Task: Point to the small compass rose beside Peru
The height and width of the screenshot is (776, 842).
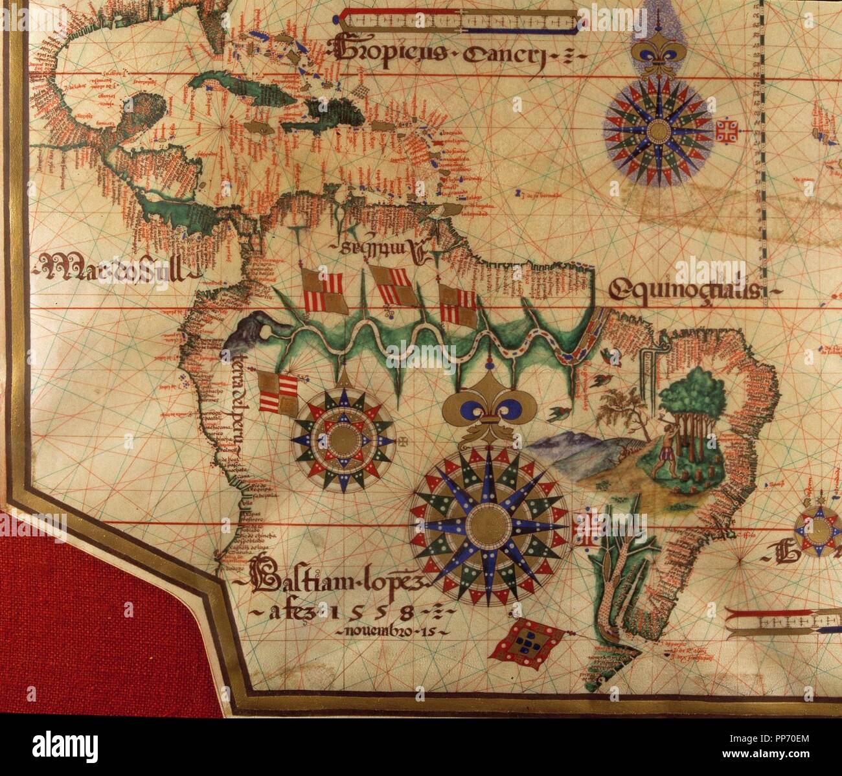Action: tap(342, 439)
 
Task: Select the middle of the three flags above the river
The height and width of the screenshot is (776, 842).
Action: tap(394, 286)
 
